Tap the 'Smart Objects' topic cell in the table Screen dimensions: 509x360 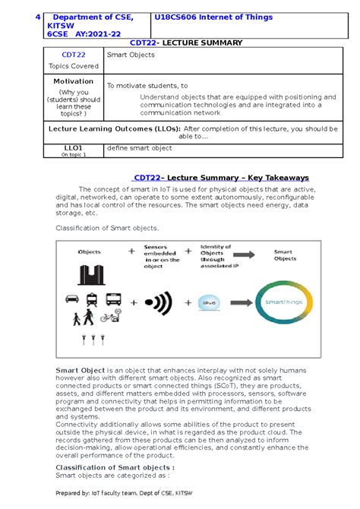[x=128, y=55]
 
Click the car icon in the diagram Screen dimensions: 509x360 [x=73, y=299]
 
